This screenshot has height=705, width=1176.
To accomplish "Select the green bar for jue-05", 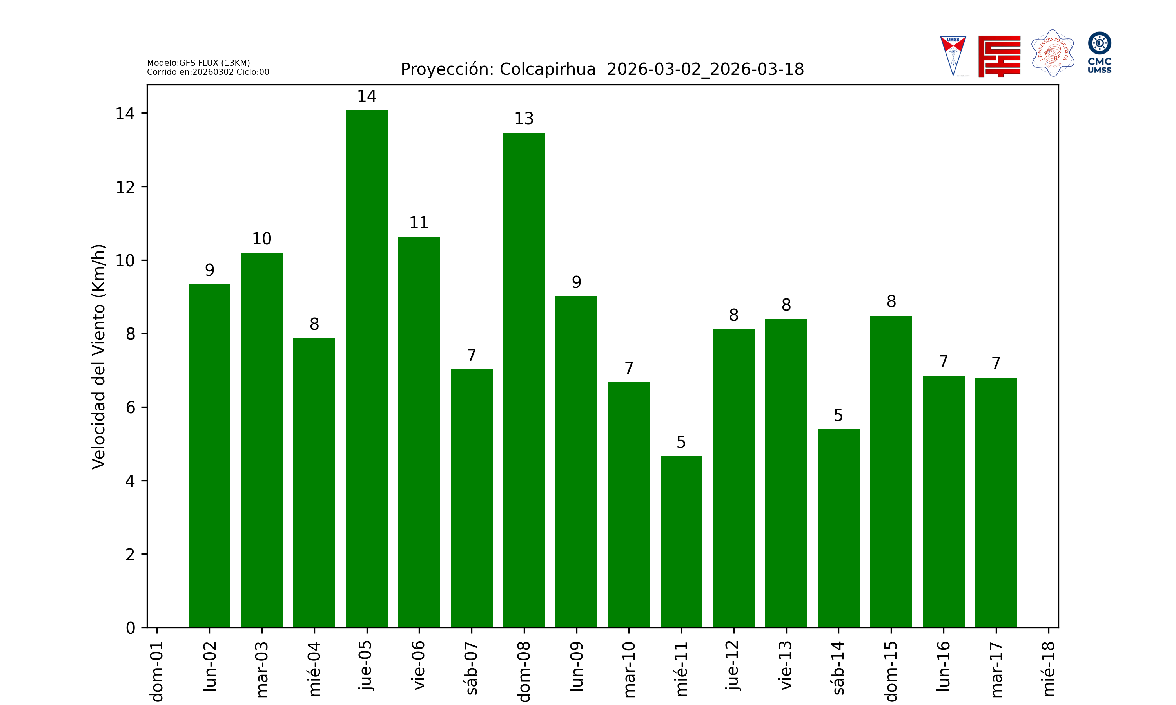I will tap(367, 369).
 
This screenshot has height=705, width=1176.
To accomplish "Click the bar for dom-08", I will tap(524, 380).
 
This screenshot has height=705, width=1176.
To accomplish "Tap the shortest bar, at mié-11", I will tap(681, 542).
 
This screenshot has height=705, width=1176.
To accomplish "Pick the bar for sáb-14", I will tap(838, 528).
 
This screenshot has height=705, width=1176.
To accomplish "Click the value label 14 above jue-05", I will tap(367, 96).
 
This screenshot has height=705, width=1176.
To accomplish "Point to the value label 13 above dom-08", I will tap(524, 119).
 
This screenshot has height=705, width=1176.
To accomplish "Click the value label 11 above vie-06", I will tap(419, 223).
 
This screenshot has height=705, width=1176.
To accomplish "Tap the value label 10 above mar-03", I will tap(261, 239).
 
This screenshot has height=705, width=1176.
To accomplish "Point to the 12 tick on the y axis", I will tap(125, 187).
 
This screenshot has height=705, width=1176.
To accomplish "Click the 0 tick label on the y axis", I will tap(130, 628).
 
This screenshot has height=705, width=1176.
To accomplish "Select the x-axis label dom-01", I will tap(157, 671).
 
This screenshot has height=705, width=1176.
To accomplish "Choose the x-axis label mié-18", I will tap(1048, 669).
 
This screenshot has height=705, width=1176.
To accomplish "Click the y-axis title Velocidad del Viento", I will tap(98, 356).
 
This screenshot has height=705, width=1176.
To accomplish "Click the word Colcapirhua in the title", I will tap(548, 69).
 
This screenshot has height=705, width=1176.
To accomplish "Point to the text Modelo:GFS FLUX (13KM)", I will tap(198, 63).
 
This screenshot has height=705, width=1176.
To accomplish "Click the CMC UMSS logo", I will tap(1100, 52).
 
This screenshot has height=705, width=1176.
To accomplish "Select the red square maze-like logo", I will tap(999, 56).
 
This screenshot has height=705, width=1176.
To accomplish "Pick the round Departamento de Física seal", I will tap(1053, 53).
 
